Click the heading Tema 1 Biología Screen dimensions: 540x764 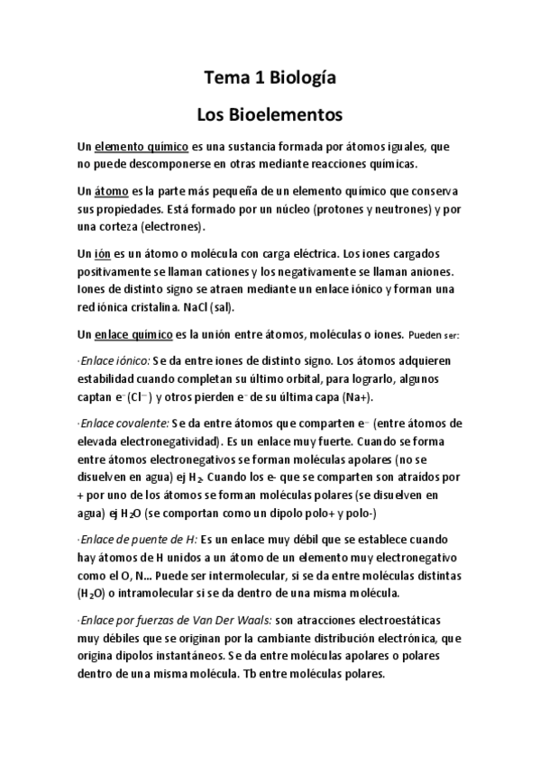270,79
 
